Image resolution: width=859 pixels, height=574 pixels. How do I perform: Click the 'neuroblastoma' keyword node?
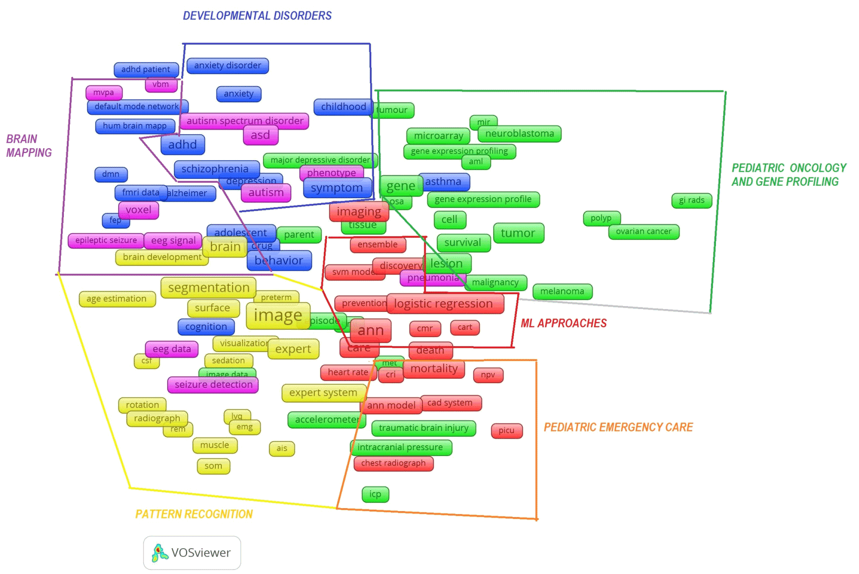point(519,134)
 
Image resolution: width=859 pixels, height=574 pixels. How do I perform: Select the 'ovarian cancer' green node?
point(644,231)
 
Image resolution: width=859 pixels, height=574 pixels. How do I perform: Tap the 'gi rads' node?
point(692,200)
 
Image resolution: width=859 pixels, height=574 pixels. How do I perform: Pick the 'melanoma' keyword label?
point(562,291)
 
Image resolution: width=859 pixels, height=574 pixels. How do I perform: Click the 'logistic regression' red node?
point(444,304)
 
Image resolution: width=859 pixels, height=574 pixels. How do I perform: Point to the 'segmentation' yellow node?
point(208,288)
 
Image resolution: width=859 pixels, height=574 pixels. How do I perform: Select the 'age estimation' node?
point(116,299)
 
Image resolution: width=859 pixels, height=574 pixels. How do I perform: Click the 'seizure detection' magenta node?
point(213,385)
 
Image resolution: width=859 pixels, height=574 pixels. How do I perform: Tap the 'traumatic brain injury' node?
point(423,428)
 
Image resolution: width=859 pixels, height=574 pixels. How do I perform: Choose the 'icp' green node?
point(375,494)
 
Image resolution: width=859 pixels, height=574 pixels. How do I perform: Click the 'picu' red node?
point(506,430)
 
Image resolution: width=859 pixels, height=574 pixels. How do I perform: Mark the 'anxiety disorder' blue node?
point(227,65)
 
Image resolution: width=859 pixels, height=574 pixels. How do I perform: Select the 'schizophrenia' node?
point(215,169)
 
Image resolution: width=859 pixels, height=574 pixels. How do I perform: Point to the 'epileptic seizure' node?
point(106,240)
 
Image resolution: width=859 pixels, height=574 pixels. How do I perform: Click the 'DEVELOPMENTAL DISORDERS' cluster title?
point(257,16)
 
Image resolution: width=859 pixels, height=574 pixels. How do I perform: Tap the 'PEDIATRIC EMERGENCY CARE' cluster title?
point(618,427)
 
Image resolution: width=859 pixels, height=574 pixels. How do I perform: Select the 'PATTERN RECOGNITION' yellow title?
point(194,514)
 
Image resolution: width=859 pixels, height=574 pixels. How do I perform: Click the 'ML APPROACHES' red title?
point(563,323)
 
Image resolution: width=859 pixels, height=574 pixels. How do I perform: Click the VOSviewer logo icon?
point(159,553)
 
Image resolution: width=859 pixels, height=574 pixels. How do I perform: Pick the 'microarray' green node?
point(439,136)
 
